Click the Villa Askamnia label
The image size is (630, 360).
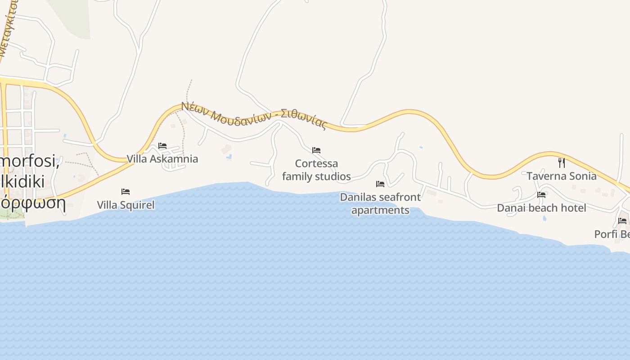(162, 159)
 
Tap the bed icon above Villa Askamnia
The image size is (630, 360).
(162, 146)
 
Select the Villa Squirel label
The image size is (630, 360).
(126, 205)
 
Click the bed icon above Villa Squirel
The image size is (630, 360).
(126, 192)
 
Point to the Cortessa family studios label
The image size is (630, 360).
(316, 170)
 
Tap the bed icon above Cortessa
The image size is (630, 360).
(316, 150)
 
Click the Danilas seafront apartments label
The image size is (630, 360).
(380, 203)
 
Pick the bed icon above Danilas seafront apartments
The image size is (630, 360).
(380, 184)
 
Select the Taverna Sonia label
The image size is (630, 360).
(561, 176)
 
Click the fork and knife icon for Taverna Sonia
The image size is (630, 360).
(561, 162)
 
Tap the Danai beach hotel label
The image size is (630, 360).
(541, 208)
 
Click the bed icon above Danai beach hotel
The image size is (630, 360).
(541, 194)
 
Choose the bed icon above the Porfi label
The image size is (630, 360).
(622, 220)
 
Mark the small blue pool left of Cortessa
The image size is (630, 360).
(229, 157)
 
